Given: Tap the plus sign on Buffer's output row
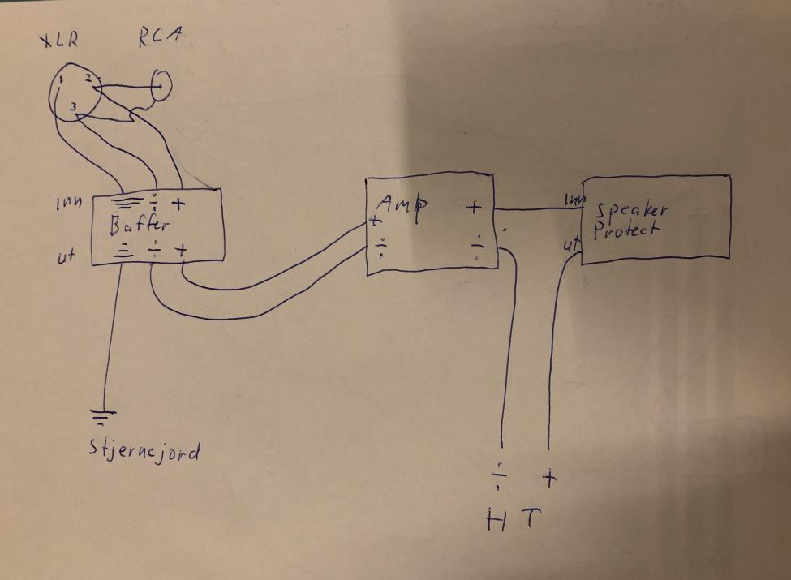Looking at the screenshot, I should tap(182, 251).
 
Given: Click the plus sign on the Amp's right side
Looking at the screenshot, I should tap(475, 208).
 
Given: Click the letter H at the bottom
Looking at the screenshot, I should tap(495, 519).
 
